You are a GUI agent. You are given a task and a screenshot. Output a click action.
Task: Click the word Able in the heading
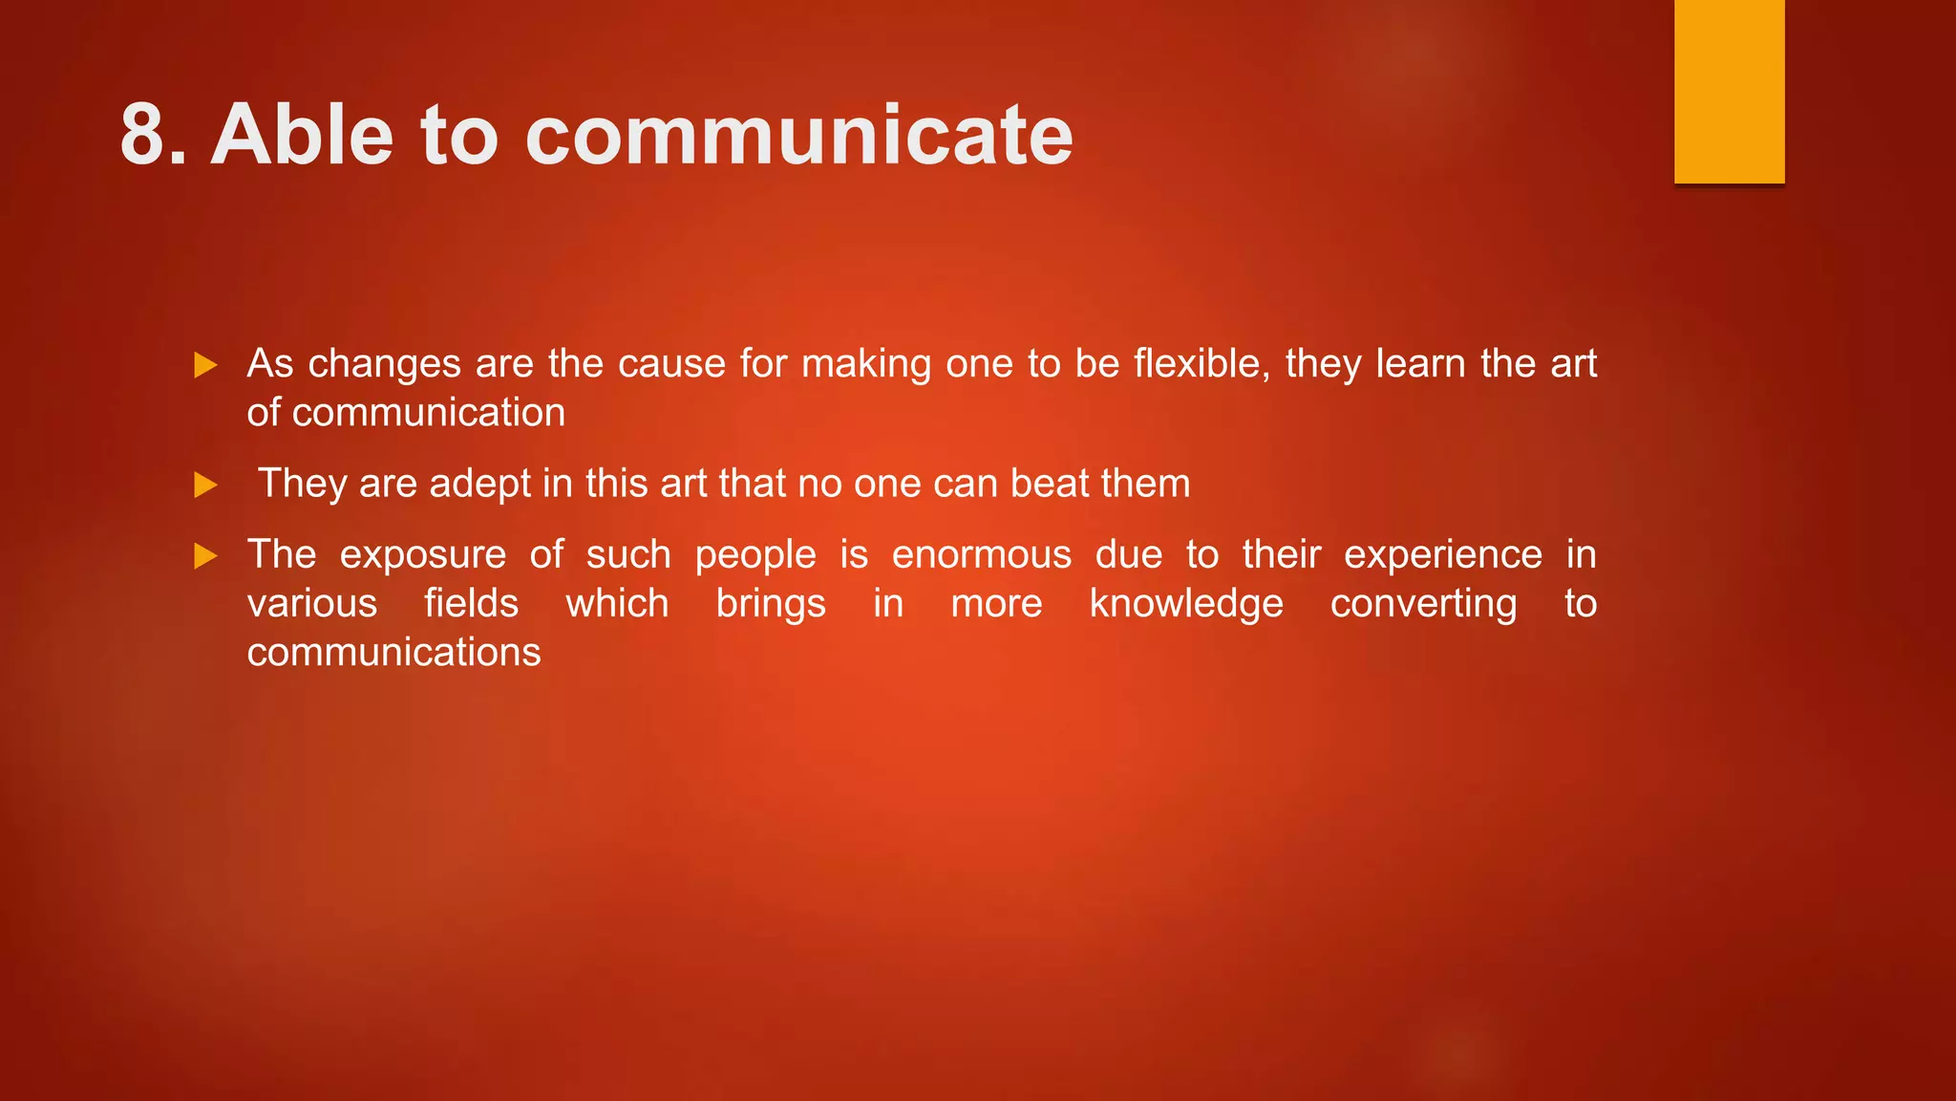click(302, 136)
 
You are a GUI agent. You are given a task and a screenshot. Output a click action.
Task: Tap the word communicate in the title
click(798, 136)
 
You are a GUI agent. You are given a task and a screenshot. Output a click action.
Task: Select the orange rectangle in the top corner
click(1729, 91)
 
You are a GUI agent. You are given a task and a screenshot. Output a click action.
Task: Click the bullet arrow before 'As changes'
click(205, 365)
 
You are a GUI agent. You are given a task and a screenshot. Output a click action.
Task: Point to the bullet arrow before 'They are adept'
click(205, 485)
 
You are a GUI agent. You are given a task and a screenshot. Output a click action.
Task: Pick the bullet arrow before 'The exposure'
click(205, 555)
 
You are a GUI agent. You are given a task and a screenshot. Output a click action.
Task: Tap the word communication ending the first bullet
click(429, 413)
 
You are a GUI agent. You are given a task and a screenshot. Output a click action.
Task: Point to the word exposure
click(423, 555)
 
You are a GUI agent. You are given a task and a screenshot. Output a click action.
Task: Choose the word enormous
click(982, 555)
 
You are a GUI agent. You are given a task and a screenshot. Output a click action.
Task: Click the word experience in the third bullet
click(1442, 555)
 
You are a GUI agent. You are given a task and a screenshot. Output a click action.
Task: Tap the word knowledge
click(1186, 604)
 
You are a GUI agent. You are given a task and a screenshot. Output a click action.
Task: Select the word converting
click(1423, 604)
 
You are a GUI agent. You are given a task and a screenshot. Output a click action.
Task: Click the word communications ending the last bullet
click(393, 653)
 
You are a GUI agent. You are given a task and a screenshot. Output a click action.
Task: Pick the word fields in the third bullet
click(471, 604)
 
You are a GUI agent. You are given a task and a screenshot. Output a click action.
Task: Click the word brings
click(771, 604)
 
